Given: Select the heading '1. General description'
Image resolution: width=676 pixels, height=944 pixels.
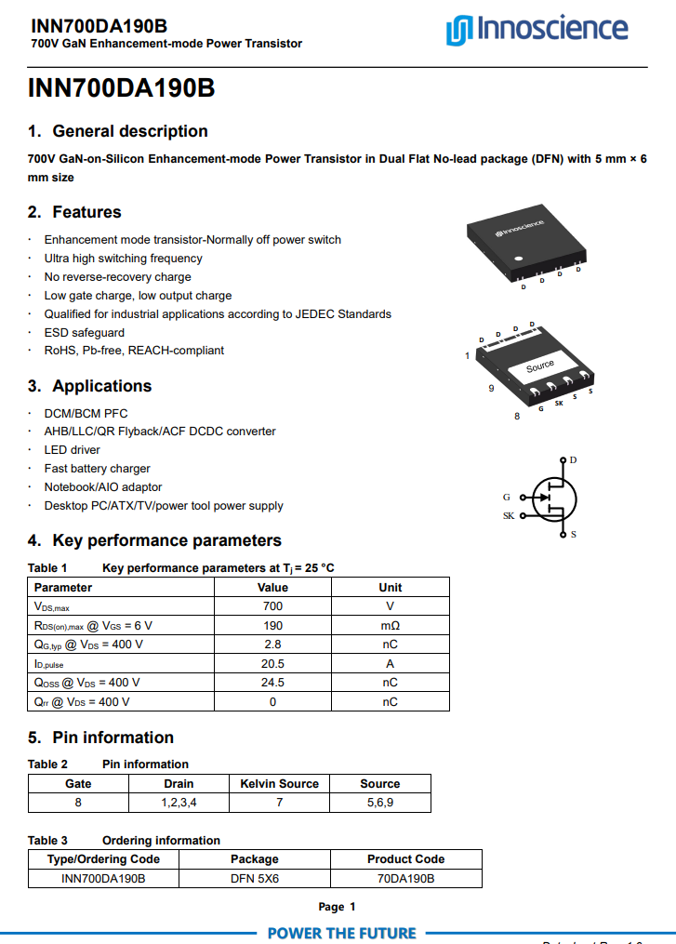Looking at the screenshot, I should (117, 131).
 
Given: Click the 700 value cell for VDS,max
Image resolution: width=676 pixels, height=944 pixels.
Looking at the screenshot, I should (272, 606).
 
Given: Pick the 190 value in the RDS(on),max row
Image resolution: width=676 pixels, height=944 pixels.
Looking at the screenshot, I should (272, 625).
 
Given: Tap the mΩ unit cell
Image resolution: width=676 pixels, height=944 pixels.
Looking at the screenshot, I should (390, 625).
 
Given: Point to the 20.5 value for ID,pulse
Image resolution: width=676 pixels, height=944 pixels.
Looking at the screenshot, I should (272, 663).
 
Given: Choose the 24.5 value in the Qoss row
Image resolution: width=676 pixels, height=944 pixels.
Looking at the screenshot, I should (272, 683).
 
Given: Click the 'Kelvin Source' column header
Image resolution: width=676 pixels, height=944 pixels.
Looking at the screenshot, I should (279, 784).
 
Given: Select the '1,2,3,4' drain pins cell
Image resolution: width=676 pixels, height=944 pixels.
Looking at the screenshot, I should (179, 803).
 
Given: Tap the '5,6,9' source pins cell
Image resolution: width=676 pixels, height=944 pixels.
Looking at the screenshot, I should (379, 803).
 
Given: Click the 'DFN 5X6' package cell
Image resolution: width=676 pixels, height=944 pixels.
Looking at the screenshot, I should (254, 878).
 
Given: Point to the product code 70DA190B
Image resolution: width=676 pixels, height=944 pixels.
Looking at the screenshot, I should (405, 878).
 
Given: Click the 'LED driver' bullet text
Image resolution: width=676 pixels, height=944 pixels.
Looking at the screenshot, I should (73, 450).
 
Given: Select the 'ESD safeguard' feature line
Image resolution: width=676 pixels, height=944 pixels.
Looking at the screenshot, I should (85, 332).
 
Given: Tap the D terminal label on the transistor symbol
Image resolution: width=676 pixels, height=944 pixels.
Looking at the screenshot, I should (573, 460).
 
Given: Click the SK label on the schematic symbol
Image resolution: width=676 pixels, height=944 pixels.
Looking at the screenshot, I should (509, 515).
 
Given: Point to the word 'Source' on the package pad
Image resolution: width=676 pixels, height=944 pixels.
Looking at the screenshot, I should (540, 366).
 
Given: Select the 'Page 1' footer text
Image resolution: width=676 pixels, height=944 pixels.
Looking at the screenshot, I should (337, 907).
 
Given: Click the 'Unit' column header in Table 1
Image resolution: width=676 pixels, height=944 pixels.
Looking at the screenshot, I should (390, 587).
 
